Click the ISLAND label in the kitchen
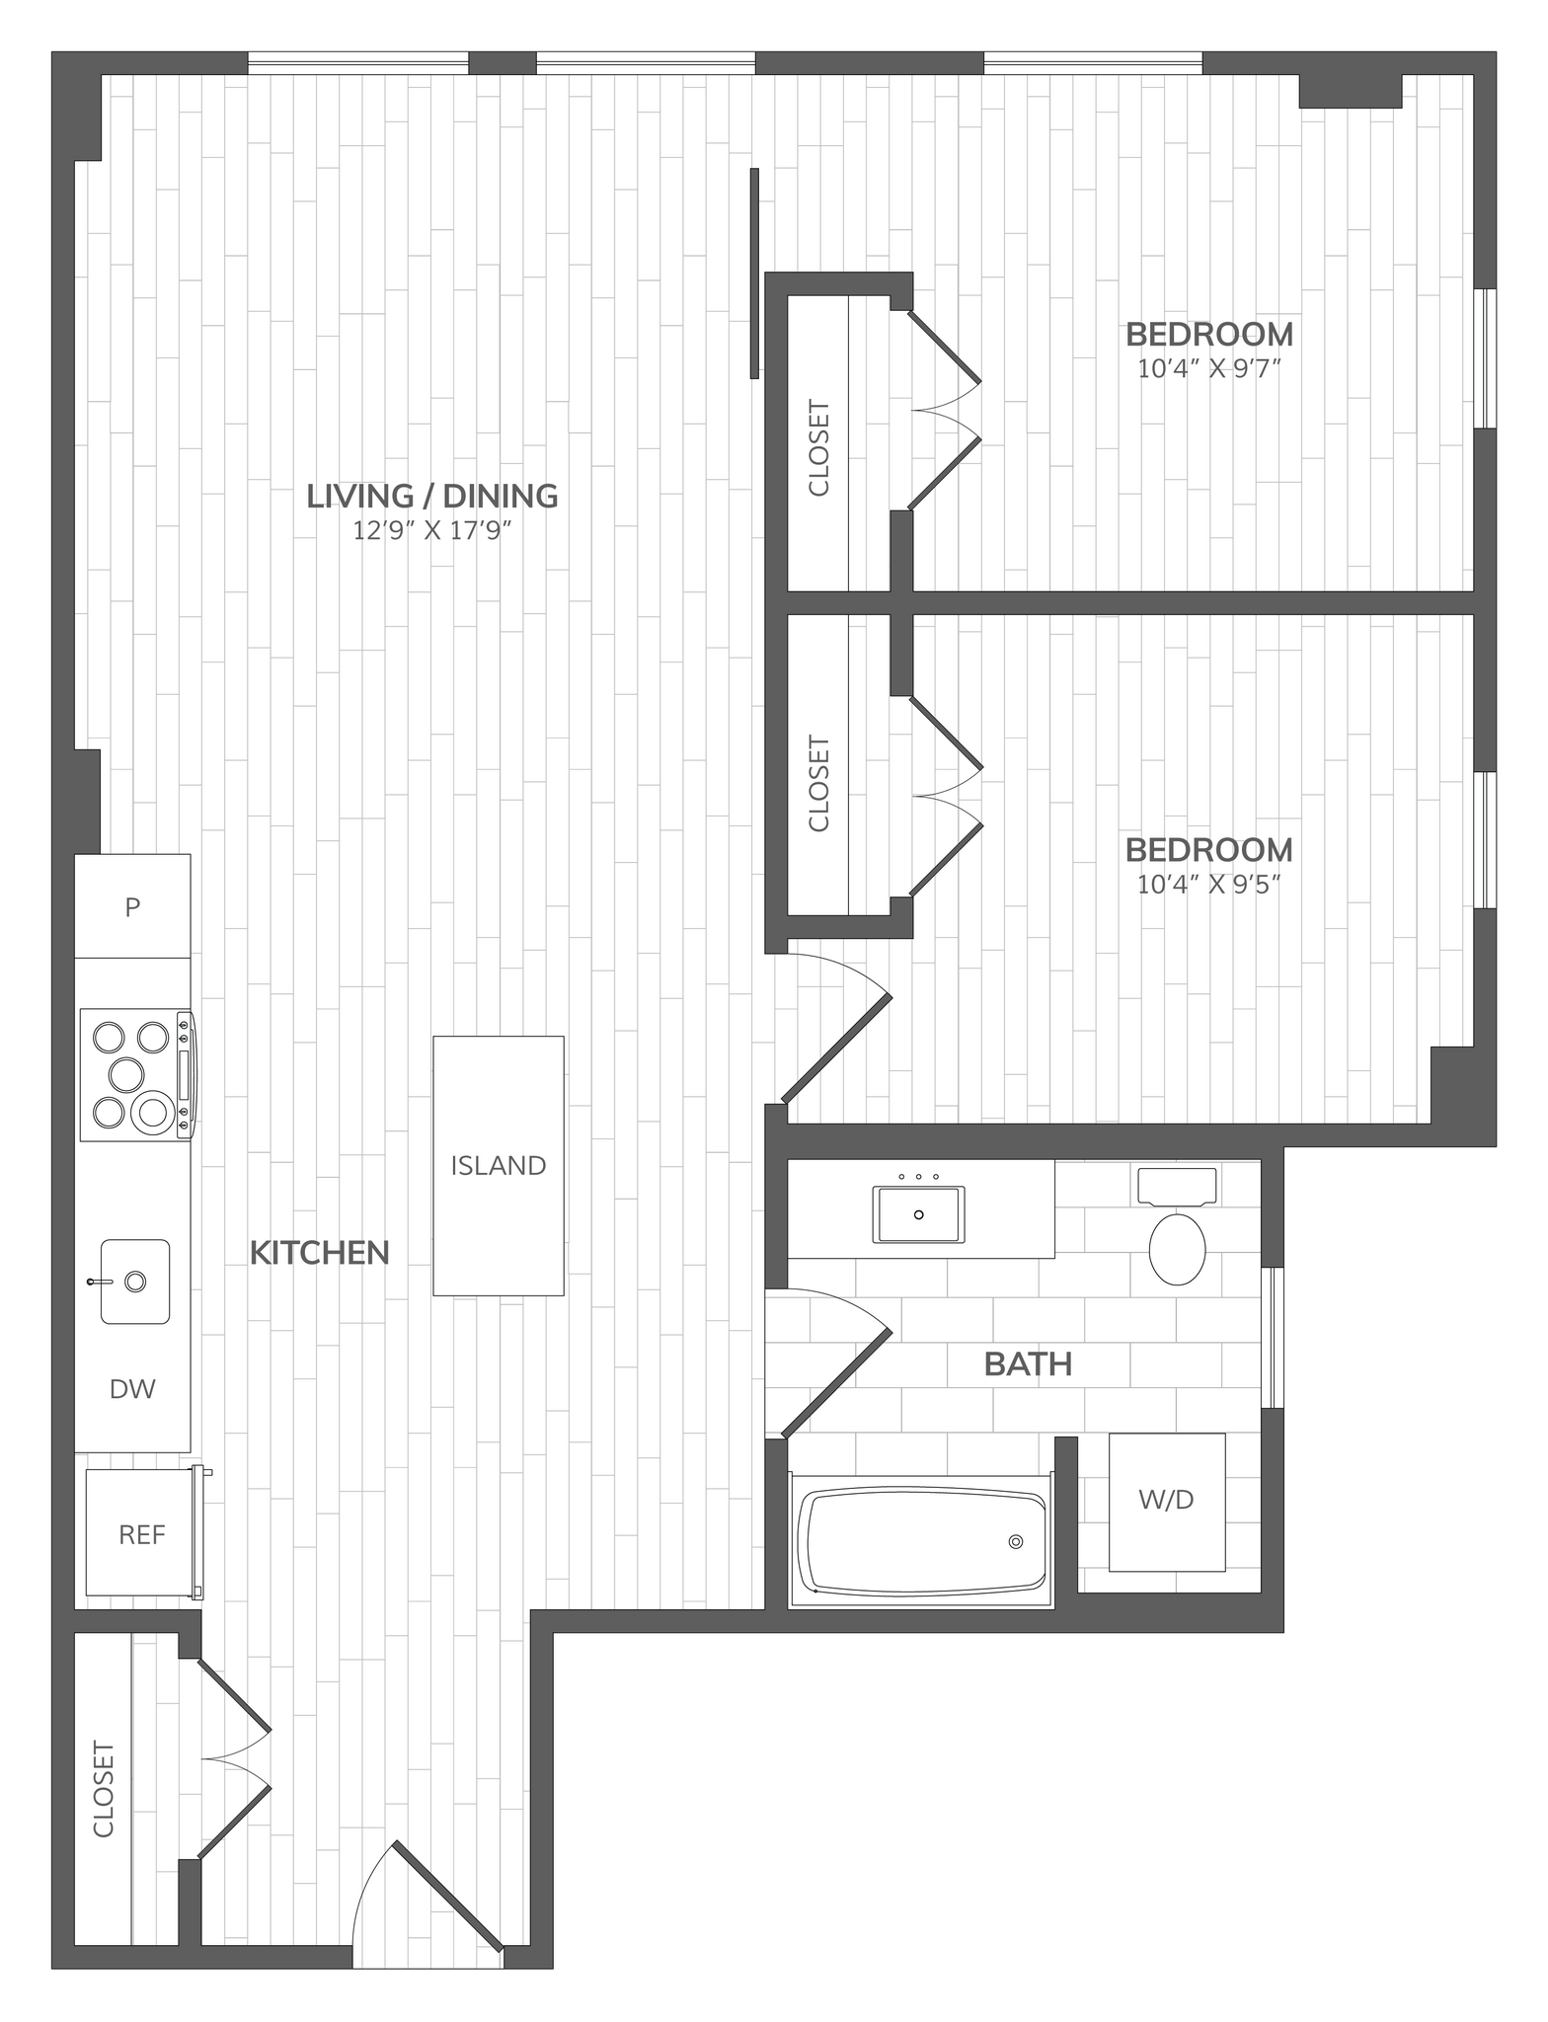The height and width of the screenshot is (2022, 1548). click(499, 1165)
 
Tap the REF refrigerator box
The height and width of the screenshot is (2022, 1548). click(141, 1534)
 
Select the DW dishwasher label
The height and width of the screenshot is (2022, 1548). click(132, 1389)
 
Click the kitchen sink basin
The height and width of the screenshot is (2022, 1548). click(134, 1282)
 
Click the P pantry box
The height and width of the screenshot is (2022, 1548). click(132, 906)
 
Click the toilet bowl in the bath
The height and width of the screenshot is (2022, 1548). click(1178, 1249)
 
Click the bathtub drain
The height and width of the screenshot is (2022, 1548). click(1015, 1542)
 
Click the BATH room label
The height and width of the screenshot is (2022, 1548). click(1028, 1364)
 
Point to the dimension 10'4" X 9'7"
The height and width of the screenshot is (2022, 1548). click(1208, 369)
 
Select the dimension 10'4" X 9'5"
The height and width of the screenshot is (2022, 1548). click(1208, 884)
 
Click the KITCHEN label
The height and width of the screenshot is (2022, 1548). click(319, 1253)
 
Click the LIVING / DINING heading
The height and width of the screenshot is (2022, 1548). click(432, 496)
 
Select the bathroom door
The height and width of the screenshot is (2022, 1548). click(834, 1382)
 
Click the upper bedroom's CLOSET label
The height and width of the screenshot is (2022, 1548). click(818, 447)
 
